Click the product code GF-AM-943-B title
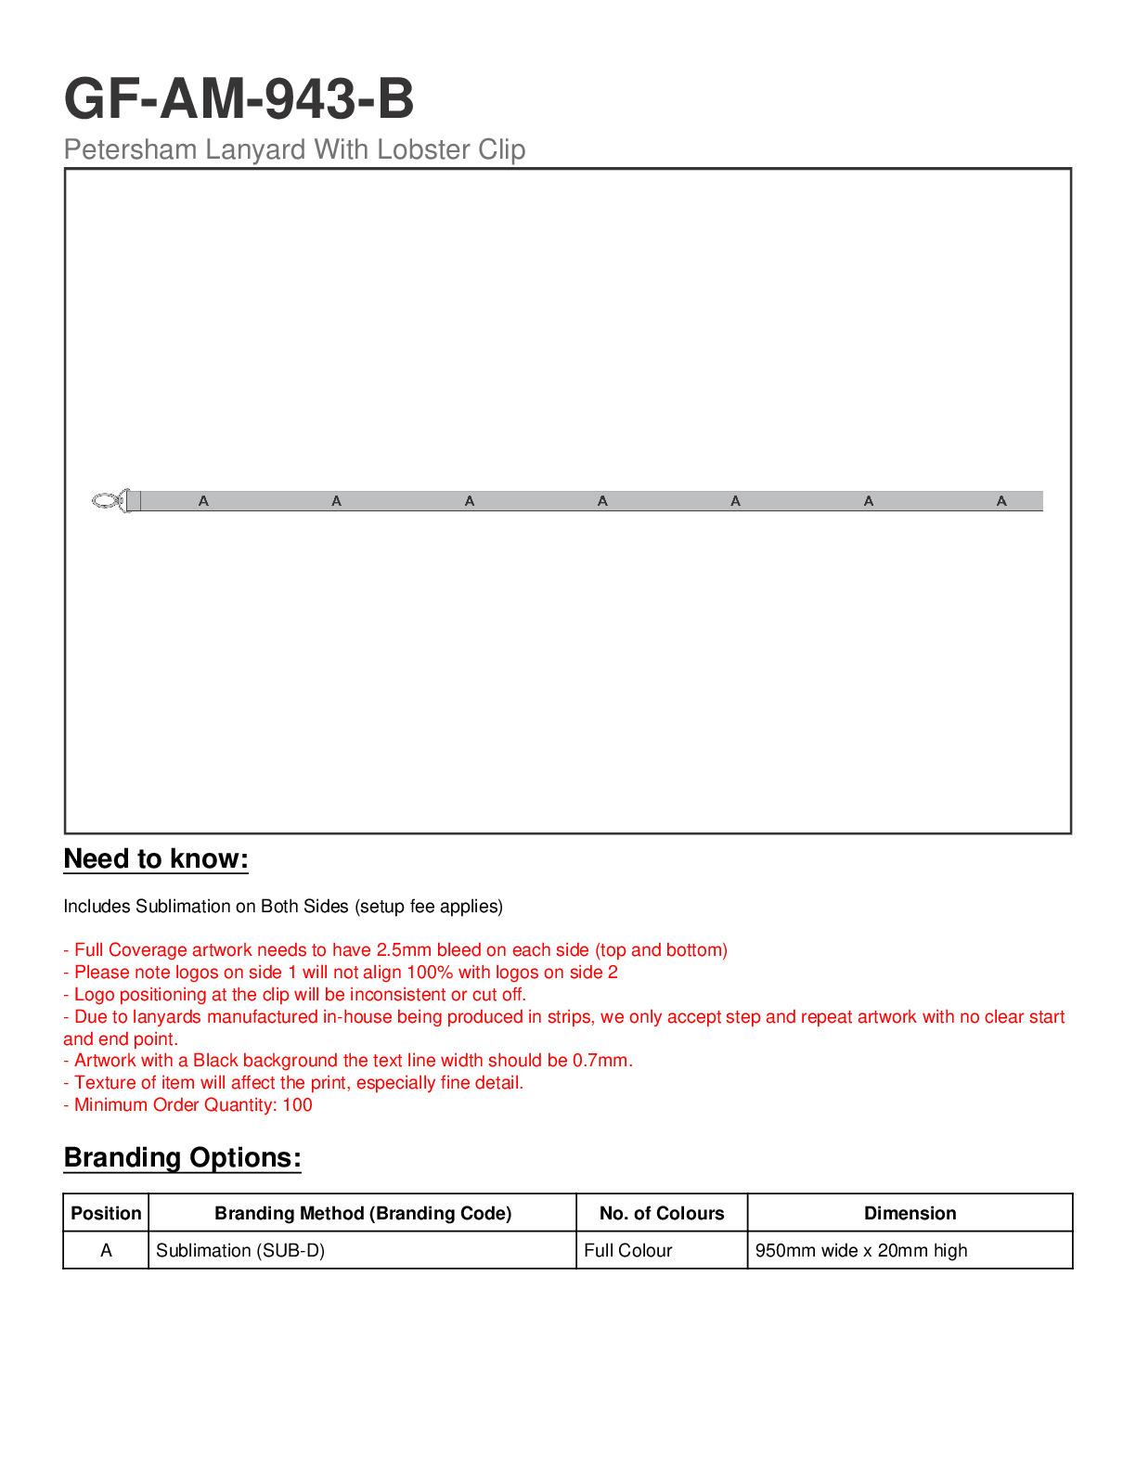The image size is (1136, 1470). click(239, 99)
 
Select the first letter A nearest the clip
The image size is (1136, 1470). click(203, 501)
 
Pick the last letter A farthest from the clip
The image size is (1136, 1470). click(1001, 501)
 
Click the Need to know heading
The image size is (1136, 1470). click(156, 859)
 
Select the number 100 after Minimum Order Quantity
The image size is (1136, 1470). click(298, 1105)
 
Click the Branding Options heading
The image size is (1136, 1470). click(182, 1158)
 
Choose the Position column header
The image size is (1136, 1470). click(106, 1213)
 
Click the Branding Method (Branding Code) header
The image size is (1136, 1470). click(363, 1213)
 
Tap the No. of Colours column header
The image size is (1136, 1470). click(662, 1213)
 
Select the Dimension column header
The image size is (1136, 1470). click(910, 1213)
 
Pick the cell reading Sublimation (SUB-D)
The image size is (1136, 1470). click(240, 1251)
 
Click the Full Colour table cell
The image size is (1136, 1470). click(628, 1251)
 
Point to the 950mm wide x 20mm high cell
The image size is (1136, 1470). click(861, 1251)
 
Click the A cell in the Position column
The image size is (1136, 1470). click(106, 1251)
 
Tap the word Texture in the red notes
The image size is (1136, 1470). click(104, 1083)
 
